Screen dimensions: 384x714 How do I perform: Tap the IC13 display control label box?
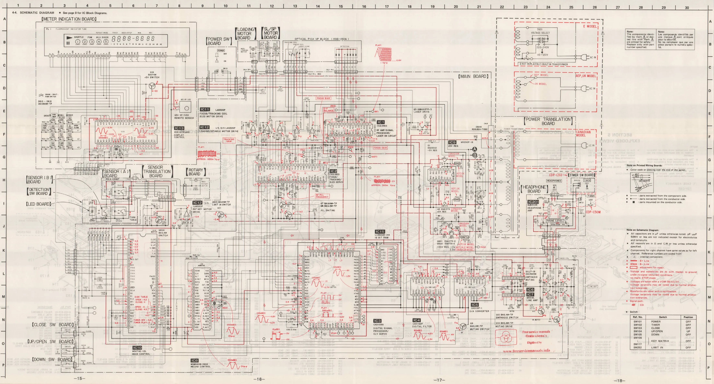(x=179, y=128)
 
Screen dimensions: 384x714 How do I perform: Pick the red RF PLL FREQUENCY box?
(x=322, y=196)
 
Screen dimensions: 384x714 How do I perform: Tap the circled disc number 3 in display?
(x=92, y=42)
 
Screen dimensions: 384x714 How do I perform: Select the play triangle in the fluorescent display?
(x=69, y=37)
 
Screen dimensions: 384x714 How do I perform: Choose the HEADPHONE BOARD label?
(x=534, y=189)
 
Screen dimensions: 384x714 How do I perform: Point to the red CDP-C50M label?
(x=593, y=212)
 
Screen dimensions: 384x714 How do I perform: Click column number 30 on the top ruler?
(x=687, y=8)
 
